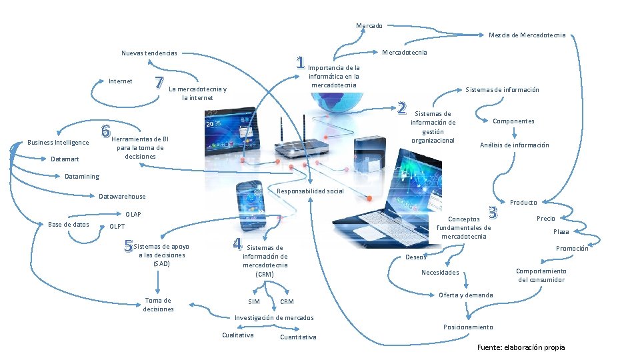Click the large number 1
pos(301,63)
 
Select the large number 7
pos(159,83)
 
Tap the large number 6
pos(106,131)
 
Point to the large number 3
pos(493,213)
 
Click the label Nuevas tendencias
pos(149,53)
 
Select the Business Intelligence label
pos(58,143)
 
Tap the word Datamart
pos(65,159)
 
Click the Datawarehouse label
pos(122,197)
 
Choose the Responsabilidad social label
pos(310,191)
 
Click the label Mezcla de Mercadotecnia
pos(527,35)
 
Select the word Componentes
pos(513,121)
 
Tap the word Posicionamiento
pos(468,327)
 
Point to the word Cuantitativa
pos(298,337)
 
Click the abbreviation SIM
pos(254,302)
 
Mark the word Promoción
pos(572,249)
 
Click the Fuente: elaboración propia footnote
pos(521,347)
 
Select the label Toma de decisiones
pos(158,305)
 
